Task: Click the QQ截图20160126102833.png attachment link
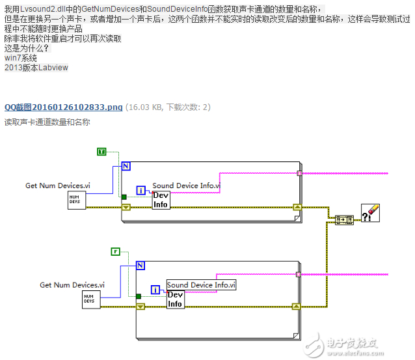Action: click(63, 107)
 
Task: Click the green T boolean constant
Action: click(101, 152)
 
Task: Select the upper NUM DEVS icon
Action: click(76, 201)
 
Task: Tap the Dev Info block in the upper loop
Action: click(161, 201)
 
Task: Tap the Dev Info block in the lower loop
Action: click(176, 299)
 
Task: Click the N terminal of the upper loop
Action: click(126, 167)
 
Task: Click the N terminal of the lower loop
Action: click(141, 266)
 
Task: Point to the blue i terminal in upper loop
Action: click(141, 190)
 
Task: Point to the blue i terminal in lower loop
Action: click(155, 289)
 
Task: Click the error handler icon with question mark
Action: click(370, 213)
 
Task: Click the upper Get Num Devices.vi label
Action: click(58, 186)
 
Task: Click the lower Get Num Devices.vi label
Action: click(72, 284)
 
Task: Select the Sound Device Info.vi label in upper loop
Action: click(186, 186)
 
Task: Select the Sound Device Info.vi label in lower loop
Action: click(201, 284)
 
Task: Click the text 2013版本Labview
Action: click(36, 67)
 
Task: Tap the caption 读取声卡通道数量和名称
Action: click(47, 122)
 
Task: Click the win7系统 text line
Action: click(21, 58)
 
